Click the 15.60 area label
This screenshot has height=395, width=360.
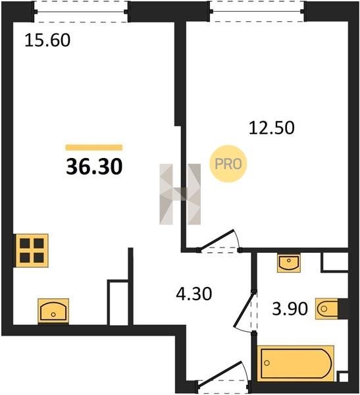[47, 41]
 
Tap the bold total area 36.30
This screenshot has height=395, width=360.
[94, 167]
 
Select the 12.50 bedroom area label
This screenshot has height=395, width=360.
[272, 128]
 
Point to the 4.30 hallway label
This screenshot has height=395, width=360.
[194, 294]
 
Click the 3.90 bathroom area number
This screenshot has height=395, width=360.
[290, 309]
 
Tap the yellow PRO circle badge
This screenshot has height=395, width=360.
[228, 164]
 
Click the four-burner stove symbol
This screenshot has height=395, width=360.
[32, 250]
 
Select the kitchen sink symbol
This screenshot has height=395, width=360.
[53, 311]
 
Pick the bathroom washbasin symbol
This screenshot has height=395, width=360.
[289, 263]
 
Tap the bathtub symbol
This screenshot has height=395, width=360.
[296, 363]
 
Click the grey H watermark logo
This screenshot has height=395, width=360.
[180, 194]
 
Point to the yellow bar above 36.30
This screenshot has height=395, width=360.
[94, 147]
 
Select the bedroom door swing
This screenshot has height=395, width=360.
[219, 240]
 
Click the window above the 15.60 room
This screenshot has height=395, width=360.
[80, 12]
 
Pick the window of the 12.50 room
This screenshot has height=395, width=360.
[257, 11]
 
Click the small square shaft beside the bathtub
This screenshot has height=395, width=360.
[343, 377]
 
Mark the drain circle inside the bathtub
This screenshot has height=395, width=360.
[267, 363]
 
